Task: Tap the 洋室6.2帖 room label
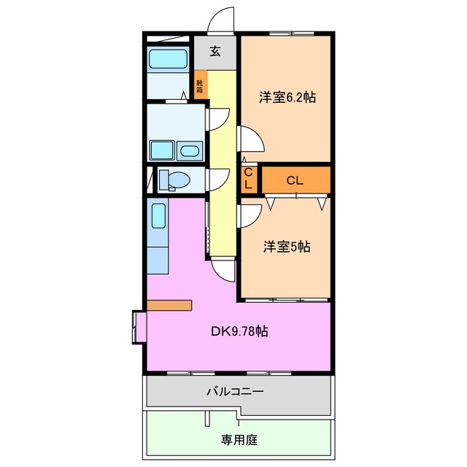point(287,97)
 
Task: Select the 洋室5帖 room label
point(287,247)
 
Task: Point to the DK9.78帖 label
point(239,331)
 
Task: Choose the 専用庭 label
point(240,440)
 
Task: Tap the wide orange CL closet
point(295,179)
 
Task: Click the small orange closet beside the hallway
point(248,179)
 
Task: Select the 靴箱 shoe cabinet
point(200,85)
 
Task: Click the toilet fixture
point(173,180)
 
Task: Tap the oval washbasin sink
point(189,152)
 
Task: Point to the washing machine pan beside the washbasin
point(161,150)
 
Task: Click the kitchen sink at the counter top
point(159,216)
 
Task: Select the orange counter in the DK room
point(169,305)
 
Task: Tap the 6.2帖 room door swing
point(250,139)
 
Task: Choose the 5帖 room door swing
point(250,216)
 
